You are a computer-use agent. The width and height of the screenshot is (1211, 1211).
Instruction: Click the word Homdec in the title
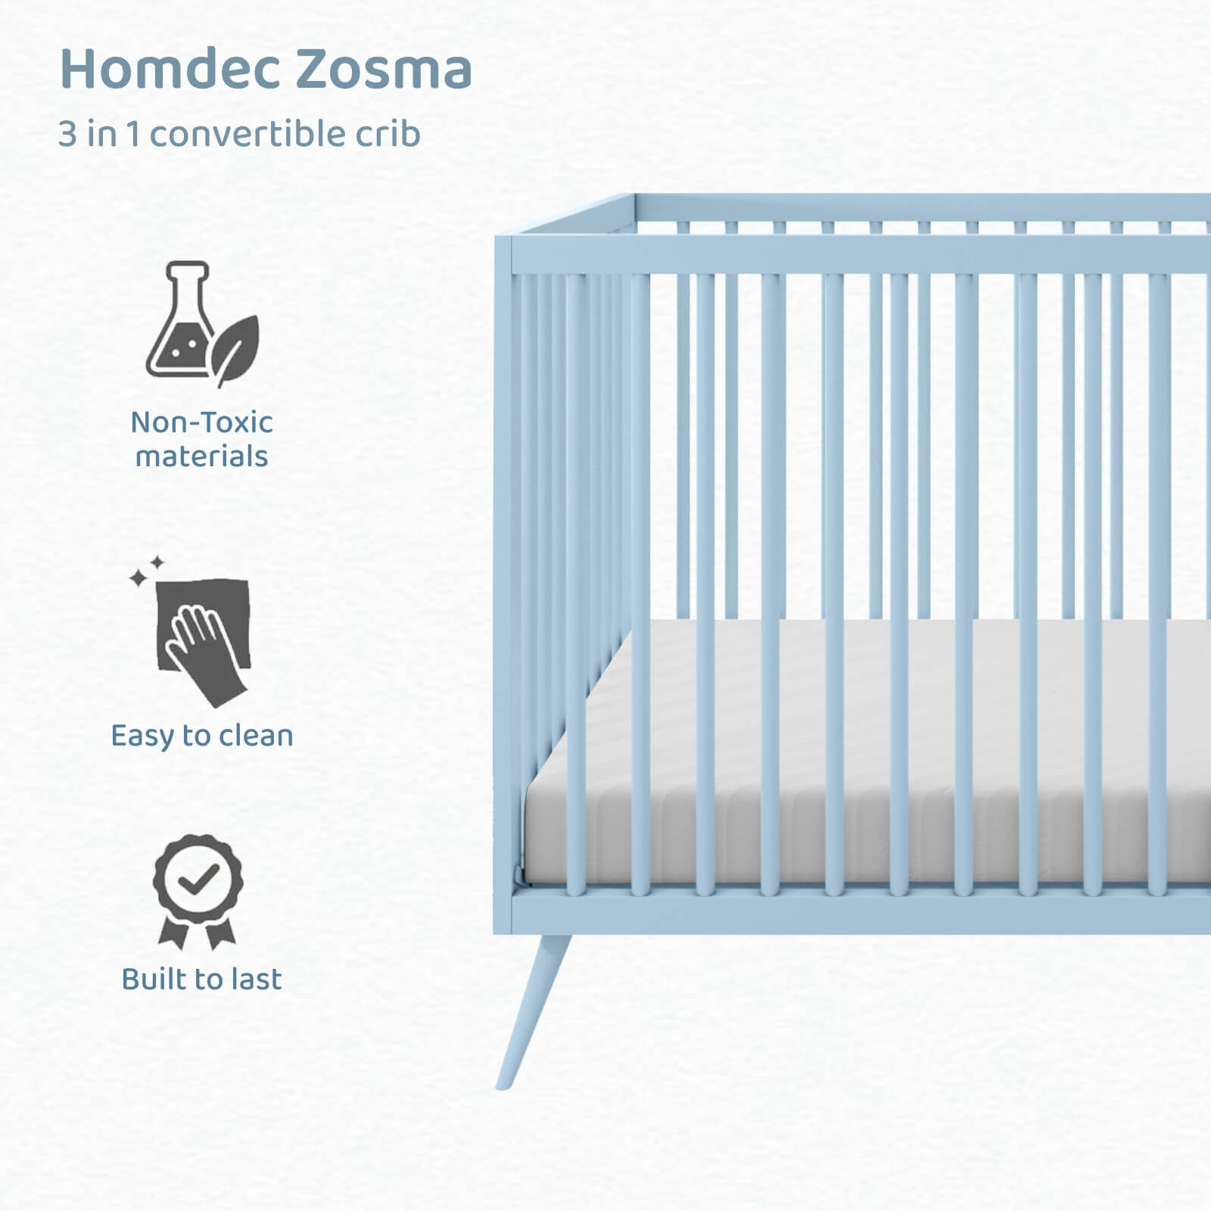(170, 68)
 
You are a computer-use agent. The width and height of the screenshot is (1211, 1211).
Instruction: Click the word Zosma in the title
(384, 68)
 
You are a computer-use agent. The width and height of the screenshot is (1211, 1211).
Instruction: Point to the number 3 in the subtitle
(67, 135)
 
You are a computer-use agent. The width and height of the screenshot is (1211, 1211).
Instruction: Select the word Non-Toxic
(201, 422)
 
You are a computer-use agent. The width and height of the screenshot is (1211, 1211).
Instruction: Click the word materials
(201, 456)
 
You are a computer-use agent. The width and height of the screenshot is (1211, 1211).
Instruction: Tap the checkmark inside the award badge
(198, 878)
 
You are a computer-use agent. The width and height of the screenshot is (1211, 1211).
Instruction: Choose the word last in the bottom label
(257, 979)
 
